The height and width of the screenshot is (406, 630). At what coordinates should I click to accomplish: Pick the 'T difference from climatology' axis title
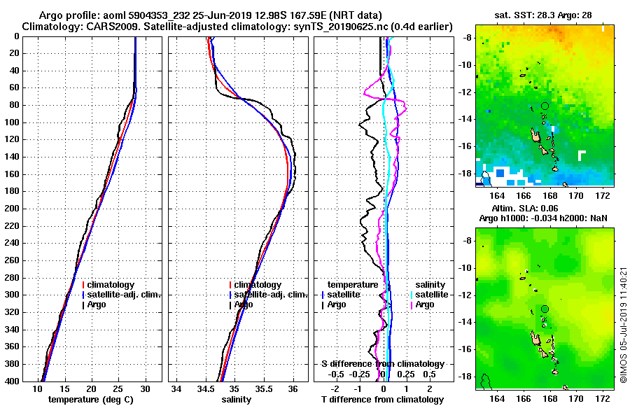(382, 400)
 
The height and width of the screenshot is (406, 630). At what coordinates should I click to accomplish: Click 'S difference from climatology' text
(382, 364)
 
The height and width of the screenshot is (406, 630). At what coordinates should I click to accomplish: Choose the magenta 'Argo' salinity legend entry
(424, 304)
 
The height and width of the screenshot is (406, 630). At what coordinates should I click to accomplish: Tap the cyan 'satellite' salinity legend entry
(428, 295)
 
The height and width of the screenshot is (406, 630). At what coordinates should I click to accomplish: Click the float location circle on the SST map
(545, 106)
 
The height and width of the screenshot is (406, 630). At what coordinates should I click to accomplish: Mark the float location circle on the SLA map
(545, 309)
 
